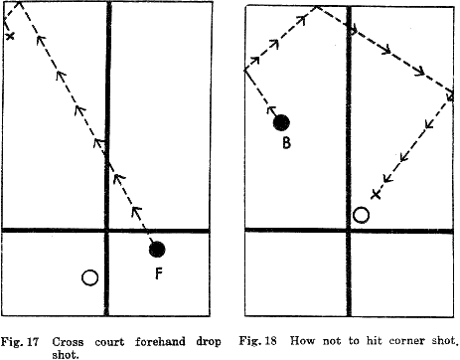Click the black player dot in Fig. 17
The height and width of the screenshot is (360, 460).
coord(156,249)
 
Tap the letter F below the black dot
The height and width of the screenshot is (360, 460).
coord(159,272)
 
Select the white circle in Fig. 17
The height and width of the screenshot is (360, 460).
coord(89,277)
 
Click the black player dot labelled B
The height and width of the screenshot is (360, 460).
coord(281,122)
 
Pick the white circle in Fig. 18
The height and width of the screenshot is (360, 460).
coord(361,214)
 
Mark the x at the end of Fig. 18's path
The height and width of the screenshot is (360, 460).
coord(375,193)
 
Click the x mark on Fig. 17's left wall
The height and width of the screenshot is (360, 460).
coord(10,37)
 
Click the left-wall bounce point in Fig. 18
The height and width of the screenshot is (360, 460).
coord(245,70)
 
